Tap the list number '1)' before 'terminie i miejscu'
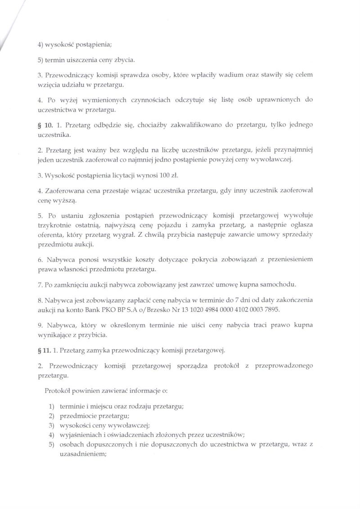point(52,406)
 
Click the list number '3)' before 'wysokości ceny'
point(52,425)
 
